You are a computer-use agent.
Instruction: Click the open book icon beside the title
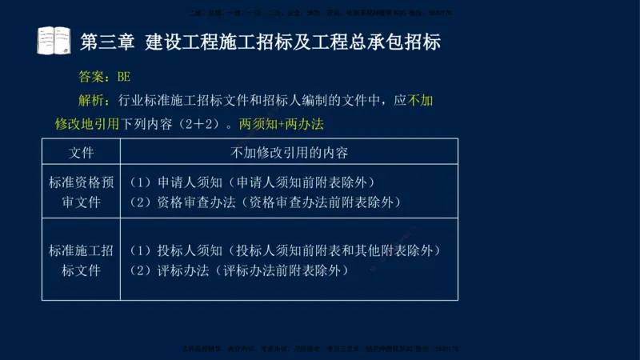tap(54, 40)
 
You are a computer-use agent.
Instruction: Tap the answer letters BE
tap(123, 77)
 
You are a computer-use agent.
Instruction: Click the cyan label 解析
tap(93, 101)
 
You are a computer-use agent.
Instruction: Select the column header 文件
tap(81, 151)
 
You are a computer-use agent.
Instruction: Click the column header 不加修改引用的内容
tap(289, 151)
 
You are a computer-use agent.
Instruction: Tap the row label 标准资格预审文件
tap(81, 192)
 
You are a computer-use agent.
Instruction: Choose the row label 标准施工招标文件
tap(81, 260)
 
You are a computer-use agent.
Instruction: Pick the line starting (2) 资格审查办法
tap(265, 202)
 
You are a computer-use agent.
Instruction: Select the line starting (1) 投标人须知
tap(285, 250)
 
